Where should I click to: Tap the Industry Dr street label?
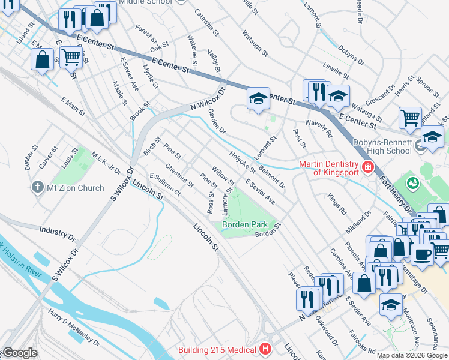pos(56,230)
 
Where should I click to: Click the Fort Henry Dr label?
pos(394,191)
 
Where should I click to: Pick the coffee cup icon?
pos(423,253)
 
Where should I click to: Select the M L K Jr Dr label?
pos(106,163)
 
